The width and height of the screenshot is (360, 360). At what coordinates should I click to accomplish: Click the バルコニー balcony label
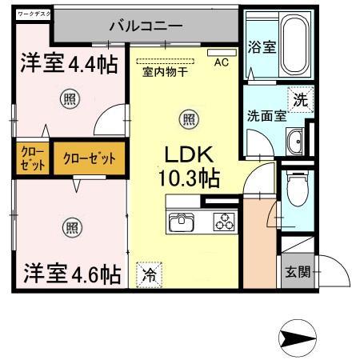pyautogui.click(x=146, y=26)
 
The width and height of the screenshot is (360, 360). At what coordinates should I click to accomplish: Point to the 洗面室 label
pyautogui.click(x=266, y=114)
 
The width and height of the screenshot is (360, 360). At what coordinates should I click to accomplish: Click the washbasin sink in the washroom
pyautogui.click(x=296, y=141)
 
